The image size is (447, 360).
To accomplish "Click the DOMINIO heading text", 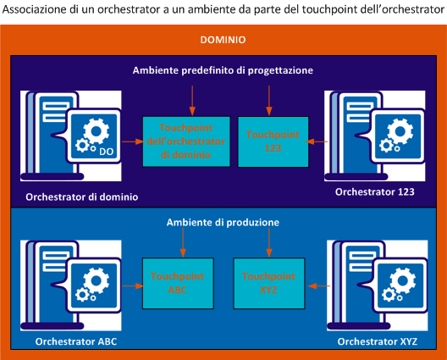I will [x=223, y=40].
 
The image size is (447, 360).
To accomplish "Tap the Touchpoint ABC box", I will [x=179, y=282].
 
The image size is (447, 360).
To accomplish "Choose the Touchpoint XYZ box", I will [x=268, y=282].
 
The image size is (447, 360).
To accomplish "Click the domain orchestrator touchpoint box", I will [x=185, y=141].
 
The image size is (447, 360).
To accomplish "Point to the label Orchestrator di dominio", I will [x=82, y=197].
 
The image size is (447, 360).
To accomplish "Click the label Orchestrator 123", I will [x=374, y=192].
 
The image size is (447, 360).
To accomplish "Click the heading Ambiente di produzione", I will [x=223, y=222].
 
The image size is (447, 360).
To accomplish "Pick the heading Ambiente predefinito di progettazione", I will [x=223, y=69].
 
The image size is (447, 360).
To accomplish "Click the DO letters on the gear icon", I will [x=107, y=152].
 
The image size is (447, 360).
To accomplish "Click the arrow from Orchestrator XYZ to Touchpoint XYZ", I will [x=315, y=285].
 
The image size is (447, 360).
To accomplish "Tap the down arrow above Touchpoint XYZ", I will [x=268, y=241].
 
